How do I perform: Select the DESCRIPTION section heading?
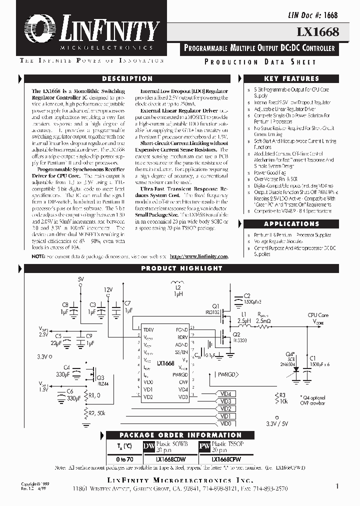(x=127, y=79)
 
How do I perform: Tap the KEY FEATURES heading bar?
(x=291, y=79)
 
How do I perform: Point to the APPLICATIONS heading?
(x=291, y=224)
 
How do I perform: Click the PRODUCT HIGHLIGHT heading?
(x=181, y=268)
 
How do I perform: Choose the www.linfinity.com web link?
(x=198, y=256)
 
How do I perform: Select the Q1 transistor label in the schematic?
(x=215, y=306)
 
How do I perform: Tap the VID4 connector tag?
(x=226, y=394)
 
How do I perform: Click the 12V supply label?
(x=108, y=289)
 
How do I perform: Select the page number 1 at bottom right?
(x=337, y=485)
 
